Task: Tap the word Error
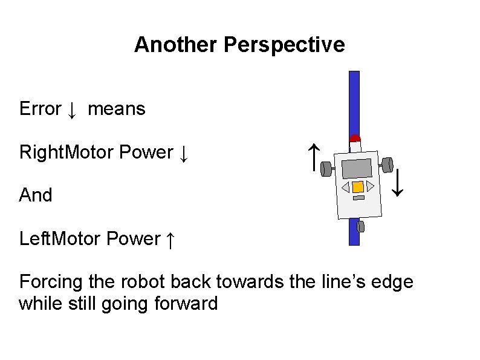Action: tap(40, 109)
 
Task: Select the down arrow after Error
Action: tap(71, 110)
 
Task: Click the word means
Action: tap(117, 110)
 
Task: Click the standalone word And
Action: tap(36, 195)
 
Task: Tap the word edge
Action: tap(393, 282)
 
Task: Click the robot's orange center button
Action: tap(357, 187)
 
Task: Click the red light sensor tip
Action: tap(355, 138)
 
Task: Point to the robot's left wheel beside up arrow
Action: tap(326, 168)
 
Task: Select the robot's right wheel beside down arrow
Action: tap(388, 164)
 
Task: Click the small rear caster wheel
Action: tap(360, 227)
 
